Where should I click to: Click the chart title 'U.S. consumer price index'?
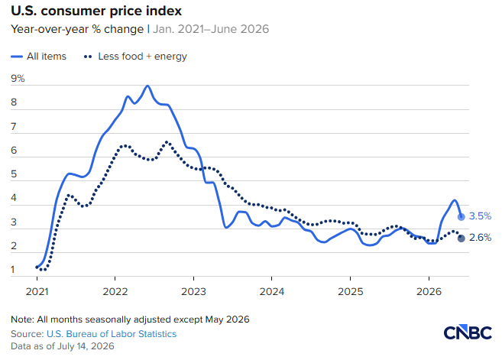(x=96, y=11)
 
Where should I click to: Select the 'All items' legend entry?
(x=38, y=57)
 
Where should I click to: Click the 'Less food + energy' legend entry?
(x=135, y=57)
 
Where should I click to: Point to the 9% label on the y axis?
(x=18, y=79)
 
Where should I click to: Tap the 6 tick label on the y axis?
(x=14, y=151)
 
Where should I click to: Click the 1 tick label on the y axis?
(x=13, y=270)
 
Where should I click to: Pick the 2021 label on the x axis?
(x=37, y=291)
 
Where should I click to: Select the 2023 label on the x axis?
(x=193, y=291)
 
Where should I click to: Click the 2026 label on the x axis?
(x=429, y=291)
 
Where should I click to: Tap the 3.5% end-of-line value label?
(x=480, y=216)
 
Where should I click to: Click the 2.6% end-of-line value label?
(x=480, y=238)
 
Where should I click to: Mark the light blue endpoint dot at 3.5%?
(x=461, y=217)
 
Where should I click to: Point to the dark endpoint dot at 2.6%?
(x=461, y=238)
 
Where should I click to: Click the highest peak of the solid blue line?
(x=147, y=86)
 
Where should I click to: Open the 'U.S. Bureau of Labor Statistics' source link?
(x=112, y=334)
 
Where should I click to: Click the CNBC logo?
(x=468, y=333)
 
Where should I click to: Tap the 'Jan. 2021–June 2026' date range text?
(x=211, y=29)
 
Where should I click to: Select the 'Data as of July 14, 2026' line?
(x=63, y=346)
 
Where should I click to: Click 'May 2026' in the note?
(x=227, y=319)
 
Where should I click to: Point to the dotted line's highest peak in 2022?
(x=167, y=142)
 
